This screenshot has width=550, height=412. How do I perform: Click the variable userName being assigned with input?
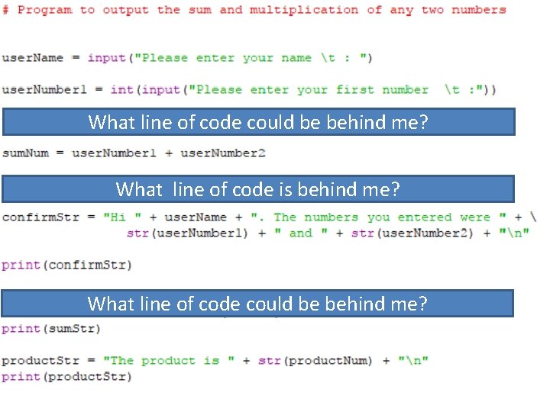32,58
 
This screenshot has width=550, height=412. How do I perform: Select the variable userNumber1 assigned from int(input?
44,89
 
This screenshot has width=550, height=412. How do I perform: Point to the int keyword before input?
121,89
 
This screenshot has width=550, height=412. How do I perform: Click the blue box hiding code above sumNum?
258,122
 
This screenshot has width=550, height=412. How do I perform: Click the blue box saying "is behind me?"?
258,188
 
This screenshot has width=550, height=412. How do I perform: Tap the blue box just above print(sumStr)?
257,303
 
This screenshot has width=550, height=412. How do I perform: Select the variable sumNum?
24,153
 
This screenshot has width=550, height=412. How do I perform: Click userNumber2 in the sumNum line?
222,153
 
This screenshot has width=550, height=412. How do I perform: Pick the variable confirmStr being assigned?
40,217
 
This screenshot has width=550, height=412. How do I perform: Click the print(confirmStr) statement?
66,265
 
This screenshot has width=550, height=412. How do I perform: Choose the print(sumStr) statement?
51,329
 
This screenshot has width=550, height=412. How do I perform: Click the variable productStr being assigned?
40,360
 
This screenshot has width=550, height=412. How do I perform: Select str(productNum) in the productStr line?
315,360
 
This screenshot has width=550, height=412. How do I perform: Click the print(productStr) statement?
66,376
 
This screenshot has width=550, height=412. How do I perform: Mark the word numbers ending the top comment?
479,10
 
